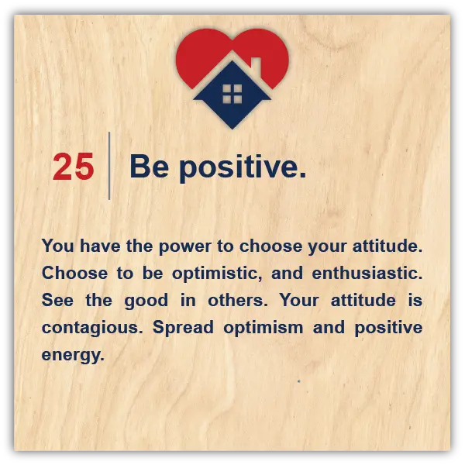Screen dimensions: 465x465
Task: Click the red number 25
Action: [74, 167]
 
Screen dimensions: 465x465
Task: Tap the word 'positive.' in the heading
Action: [243, 167]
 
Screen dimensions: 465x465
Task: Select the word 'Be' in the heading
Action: [150, 166]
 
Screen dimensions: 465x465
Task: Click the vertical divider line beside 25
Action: [109, 166]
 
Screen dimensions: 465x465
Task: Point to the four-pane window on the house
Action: [232, 94]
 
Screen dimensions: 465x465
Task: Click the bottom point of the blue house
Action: [232, 129]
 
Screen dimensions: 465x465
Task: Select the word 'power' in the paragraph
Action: [185, 247]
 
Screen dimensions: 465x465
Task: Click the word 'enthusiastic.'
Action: [367, 273]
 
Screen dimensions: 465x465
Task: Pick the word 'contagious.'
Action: [92, 329]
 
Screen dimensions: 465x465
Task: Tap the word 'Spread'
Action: [183, 329]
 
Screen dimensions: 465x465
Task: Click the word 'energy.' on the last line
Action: [73, 355]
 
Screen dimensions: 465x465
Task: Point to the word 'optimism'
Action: [263, 329]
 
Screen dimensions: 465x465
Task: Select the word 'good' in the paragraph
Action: [146, 301]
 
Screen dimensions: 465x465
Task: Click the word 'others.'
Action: [238, 300]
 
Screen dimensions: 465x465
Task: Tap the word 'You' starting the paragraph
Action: [58, 246]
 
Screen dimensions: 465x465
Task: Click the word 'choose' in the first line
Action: [270, 246]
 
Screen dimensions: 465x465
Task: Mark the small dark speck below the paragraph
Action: [299, 381]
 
